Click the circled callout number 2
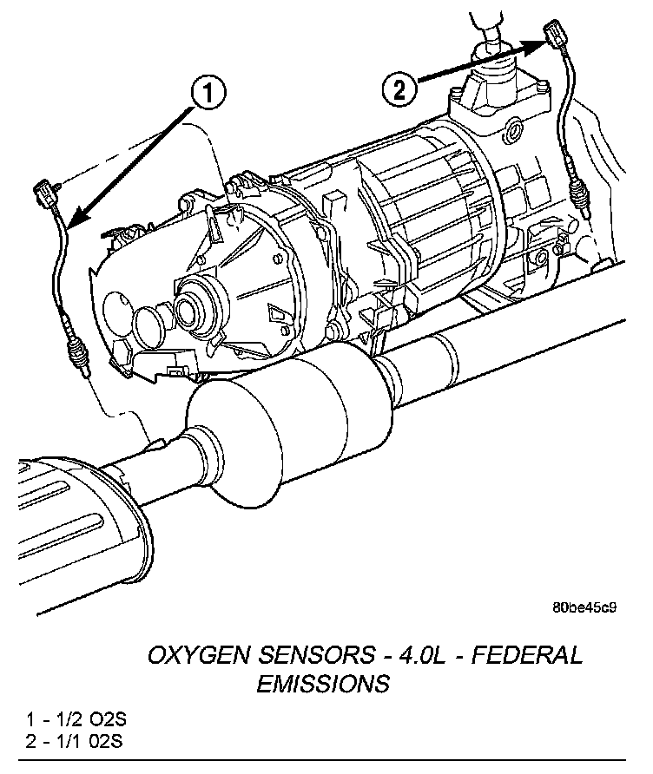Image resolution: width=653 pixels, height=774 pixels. [x=398, y=88]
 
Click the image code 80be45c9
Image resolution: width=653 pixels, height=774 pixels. [x=584, y=607]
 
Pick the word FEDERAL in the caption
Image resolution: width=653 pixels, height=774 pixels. [x=528, y=655]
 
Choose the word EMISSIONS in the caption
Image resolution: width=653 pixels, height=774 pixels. [x=322, y=684]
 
